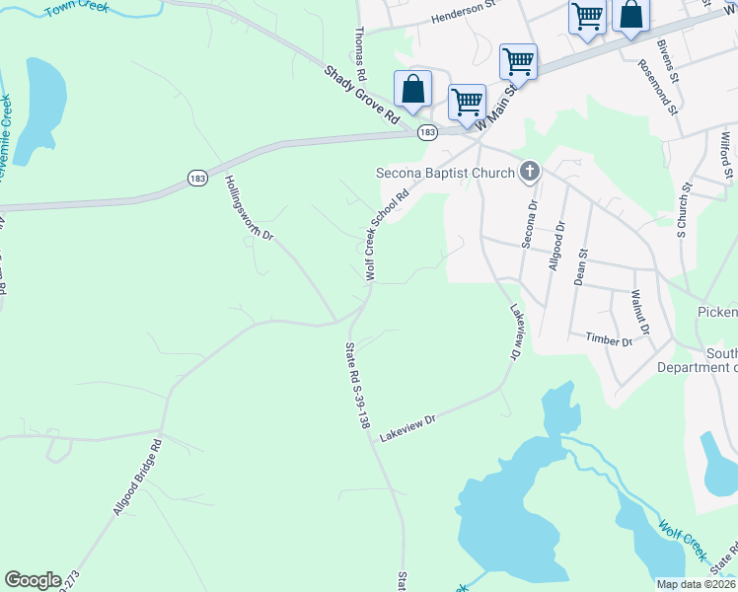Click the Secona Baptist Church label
(x=446, y=174)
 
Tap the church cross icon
(x=530, y=173)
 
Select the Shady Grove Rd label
(x=361, y=95)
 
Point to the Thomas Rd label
(x=361, y=53)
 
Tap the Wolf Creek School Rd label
(x=387, y=237)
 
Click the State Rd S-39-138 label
(x=357, y=385)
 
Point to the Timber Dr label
(x=608, y=340)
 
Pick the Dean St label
(x=582, y=267)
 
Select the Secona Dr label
(x=530, y=224)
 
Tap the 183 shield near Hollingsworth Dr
(x=197, y=179)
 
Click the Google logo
(x=33, y=580)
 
